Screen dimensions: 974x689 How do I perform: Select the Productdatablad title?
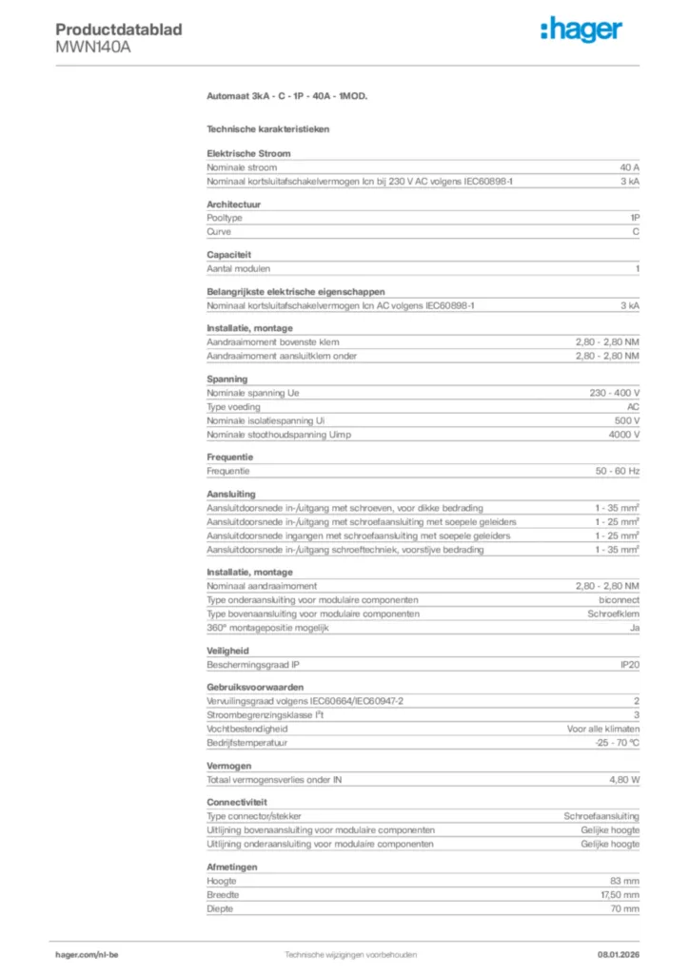tap(118, 29)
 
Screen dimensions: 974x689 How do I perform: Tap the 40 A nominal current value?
tap(629, 166)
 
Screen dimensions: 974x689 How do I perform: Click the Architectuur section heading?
tap(234, 204)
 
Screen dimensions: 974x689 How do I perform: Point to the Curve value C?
tap(636, 231)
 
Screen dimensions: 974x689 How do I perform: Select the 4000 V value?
tap(623, 434)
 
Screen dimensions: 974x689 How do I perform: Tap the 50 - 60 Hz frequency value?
tap(618, 471)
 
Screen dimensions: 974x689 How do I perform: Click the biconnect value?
tap(619, 600)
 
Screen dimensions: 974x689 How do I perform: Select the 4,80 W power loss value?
tap(623, 779)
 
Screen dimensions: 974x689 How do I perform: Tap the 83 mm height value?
tap(624, 881)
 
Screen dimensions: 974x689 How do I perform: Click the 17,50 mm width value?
tap(618, 895)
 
